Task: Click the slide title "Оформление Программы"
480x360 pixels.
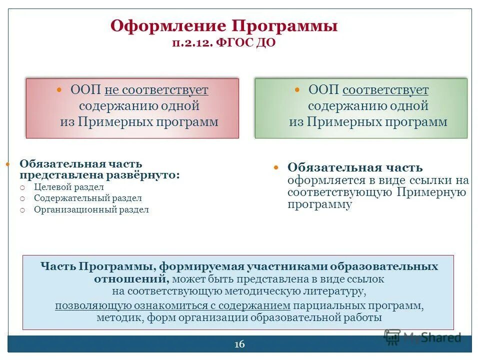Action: [223, 25]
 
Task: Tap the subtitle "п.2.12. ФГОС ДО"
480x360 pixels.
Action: [223, 43]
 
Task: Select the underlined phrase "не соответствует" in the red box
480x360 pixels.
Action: [156, 90]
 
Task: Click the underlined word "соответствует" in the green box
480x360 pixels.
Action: [385, 90]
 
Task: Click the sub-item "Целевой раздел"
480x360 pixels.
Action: [69, 187]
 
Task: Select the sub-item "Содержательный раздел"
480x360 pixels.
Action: [87, 198]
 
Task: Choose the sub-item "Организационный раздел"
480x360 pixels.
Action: [91, 210]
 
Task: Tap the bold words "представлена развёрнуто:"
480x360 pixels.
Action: [99, 175]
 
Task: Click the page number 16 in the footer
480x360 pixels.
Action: [239, 344]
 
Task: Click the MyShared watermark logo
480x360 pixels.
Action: [422, 337]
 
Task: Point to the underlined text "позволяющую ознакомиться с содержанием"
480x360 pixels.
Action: [172, 305]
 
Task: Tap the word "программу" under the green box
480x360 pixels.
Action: [320, 204]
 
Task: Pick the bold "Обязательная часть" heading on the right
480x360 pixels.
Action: [355, 168]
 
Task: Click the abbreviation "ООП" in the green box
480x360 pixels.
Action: [323, 90]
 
